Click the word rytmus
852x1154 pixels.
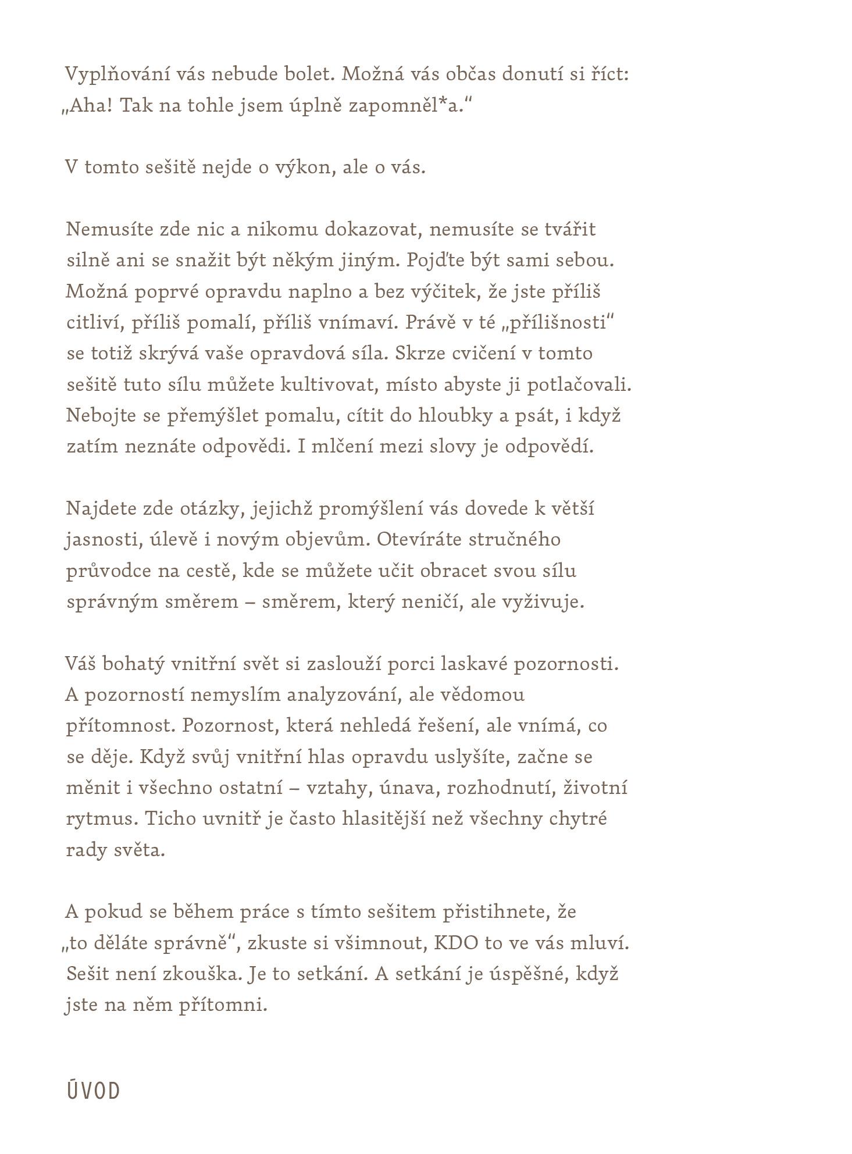coord(100,819)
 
